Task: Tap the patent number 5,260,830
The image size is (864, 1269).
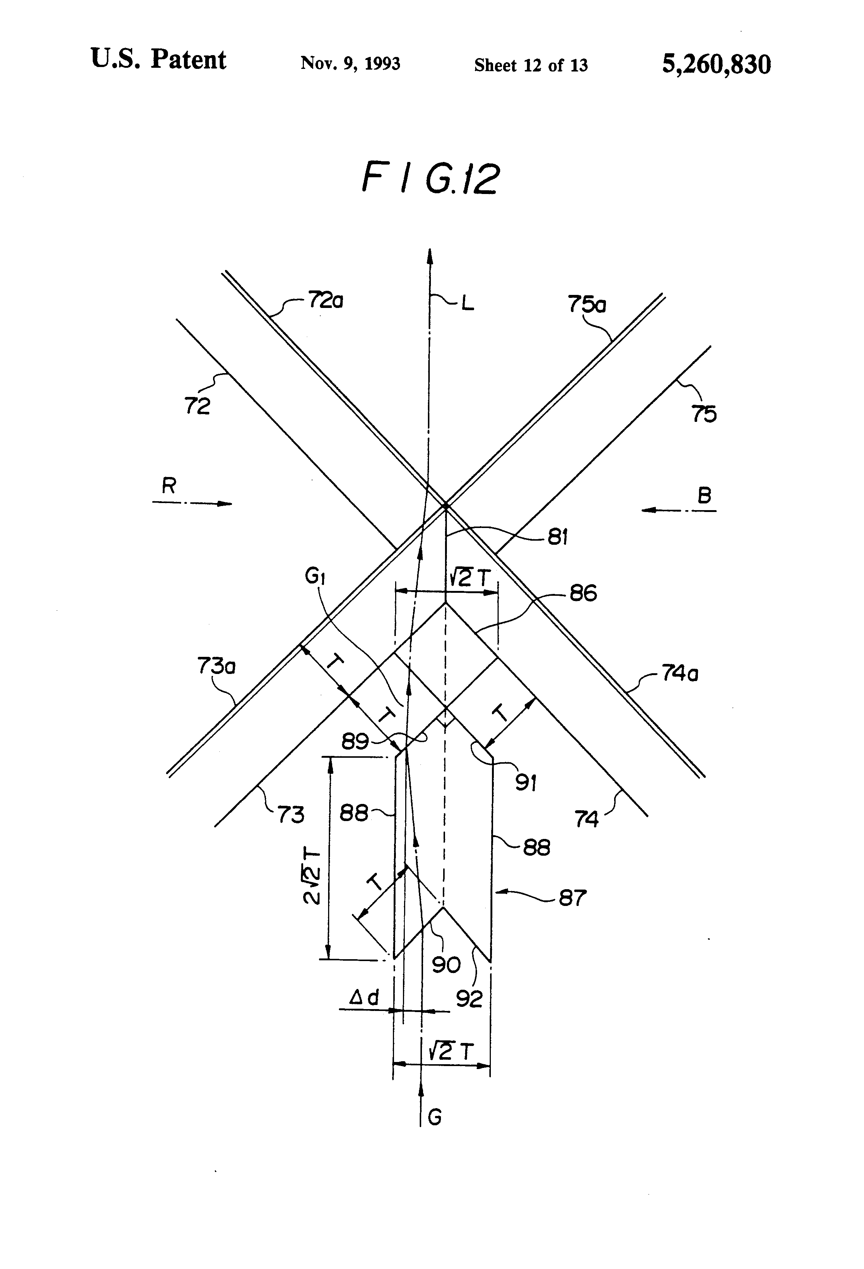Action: click(717, 64)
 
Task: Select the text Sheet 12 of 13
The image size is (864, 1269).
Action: click(531, 66)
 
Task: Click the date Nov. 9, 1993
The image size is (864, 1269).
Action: click(350, 63)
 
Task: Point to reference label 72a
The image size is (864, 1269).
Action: click(325, 300)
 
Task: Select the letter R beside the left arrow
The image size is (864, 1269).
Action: click(169, 486)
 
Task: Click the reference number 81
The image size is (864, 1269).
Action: click(558, 537)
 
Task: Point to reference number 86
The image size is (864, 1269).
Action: click(583, 593)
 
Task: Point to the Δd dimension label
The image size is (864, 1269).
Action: click(364, 998)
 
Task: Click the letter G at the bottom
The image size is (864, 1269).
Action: click(435, 1117)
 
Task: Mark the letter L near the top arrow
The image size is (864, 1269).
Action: click(467, 303)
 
